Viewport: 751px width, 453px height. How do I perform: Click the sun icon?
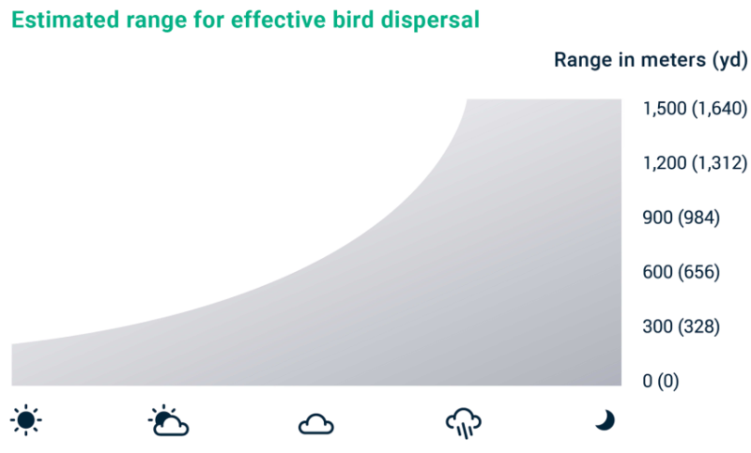tap(26, 420)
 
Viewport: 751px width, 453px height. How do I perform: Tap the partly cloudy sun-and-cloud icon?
tap(169, 421)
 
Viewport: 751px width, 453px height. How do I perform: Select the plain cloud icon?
tap(316, 424)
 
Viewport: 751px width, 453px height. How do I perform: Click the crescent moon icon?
tap(605, 420)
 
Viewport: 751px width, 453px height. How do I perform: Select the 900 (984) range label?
tap(682, 218)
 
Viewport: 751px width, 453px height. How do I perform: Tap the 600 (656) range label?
tap(682, 272)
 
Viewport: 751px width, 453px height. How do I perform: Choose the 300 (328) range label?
tap(682, 326)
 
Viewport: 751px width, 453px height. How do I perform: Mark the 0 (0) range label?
tap(661, 381)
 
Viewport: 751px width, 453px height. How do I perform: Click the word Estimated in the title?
tap(65, 20)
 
